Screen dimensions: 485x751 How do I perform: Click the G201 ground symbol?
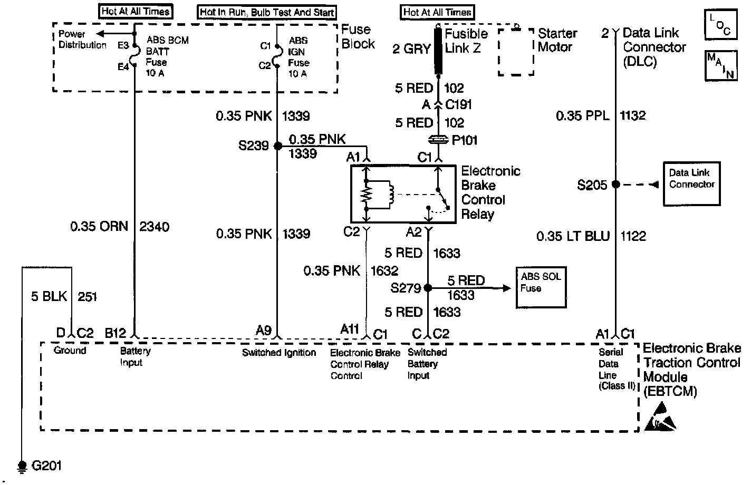click(22, 465)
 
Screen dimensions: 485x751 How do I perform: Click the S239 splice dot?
click(277, 145)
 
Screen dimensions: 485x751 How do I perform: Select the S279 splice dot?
click(428, 288)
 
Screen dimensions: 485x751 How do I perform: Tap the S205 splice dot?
click(615, 185)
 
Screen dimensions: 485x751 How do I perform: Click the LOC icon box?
click(720, 25)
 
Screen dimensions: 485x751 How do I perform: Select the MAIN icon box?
click(720, 66)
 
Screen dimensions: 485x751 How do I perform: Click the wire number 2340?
click(154, 227)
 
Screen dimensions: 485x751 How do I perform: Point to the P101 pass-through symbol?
click(438, 140)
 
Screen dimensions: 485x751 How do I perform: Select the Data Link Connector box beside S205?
click(691, 183)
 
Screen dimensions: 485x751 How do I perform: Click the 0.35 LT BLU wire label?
click(572, 236)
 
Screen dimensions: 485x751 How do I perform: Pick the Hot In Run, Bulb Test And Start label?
click(267, 12)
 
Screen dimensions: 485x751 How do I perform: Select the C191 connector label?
click(458, 104)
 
